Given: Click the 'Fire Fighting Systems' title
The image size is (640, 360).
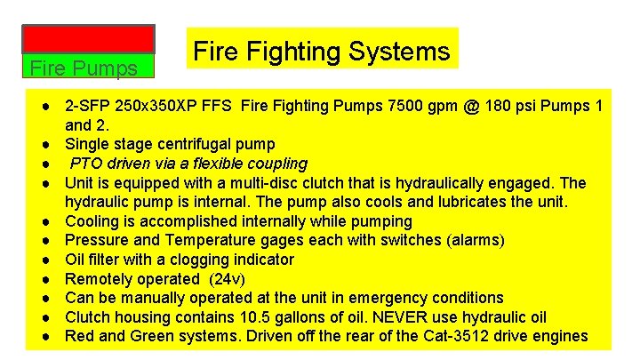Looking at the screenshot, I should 321,51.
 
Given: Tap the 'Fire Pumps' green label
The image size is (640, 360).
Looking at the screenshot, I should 84,68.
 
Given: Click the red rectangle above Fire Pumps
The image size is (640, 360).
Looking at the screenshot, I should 88,39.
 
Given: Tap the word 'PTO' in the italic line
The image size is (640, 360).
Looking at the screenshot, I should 86,164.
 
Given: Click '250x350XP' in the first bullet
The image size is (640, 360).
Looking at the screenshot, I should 171,106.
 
